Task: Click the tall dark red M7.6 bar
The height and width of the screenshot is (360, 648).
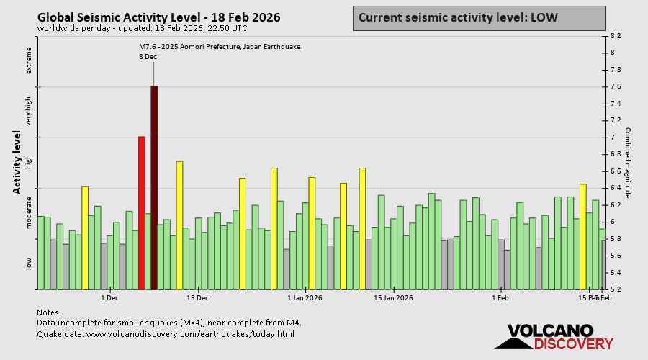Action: (154, 187)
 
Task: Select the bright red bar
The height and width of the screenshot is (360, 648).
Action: (142, 212)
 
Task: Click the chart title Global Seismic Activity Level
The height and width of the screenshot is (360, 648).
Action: (158, 17)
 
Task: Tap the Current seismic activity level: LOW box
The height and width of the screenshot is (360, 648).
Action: (478, 18)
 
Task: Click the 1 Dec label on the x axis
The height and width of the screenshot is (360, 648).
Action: (109, 297)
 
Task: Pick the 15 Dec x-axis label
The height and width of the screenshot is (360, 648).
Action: (197, 297)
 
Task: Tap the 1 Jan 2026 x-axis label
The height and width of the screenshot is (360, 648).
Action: (305, 297)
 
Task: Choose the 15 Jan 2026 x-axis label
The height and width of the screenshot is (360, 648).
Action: (393, 297)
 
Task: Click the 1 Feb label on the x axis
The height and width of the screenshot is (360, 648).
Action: (500, 297)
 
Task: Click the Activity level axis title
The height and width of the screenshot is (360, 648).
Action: (17, 162)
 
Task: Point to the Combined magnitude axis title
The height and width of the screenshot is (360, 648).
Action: (627, 163)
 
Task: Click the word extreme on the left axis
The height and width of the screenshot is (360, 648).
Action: (30, 60)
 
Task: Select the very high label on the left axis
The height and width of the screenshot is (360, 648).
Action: (30, 112)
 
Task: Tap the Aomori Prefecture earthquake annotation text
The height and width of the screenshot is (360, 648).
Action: (220, 47)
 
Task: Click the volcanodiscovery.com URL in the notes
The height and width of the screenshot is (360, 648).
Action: (190, 334)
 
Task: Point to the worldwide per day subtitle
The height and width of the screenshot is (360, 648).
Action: (141, 28)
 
